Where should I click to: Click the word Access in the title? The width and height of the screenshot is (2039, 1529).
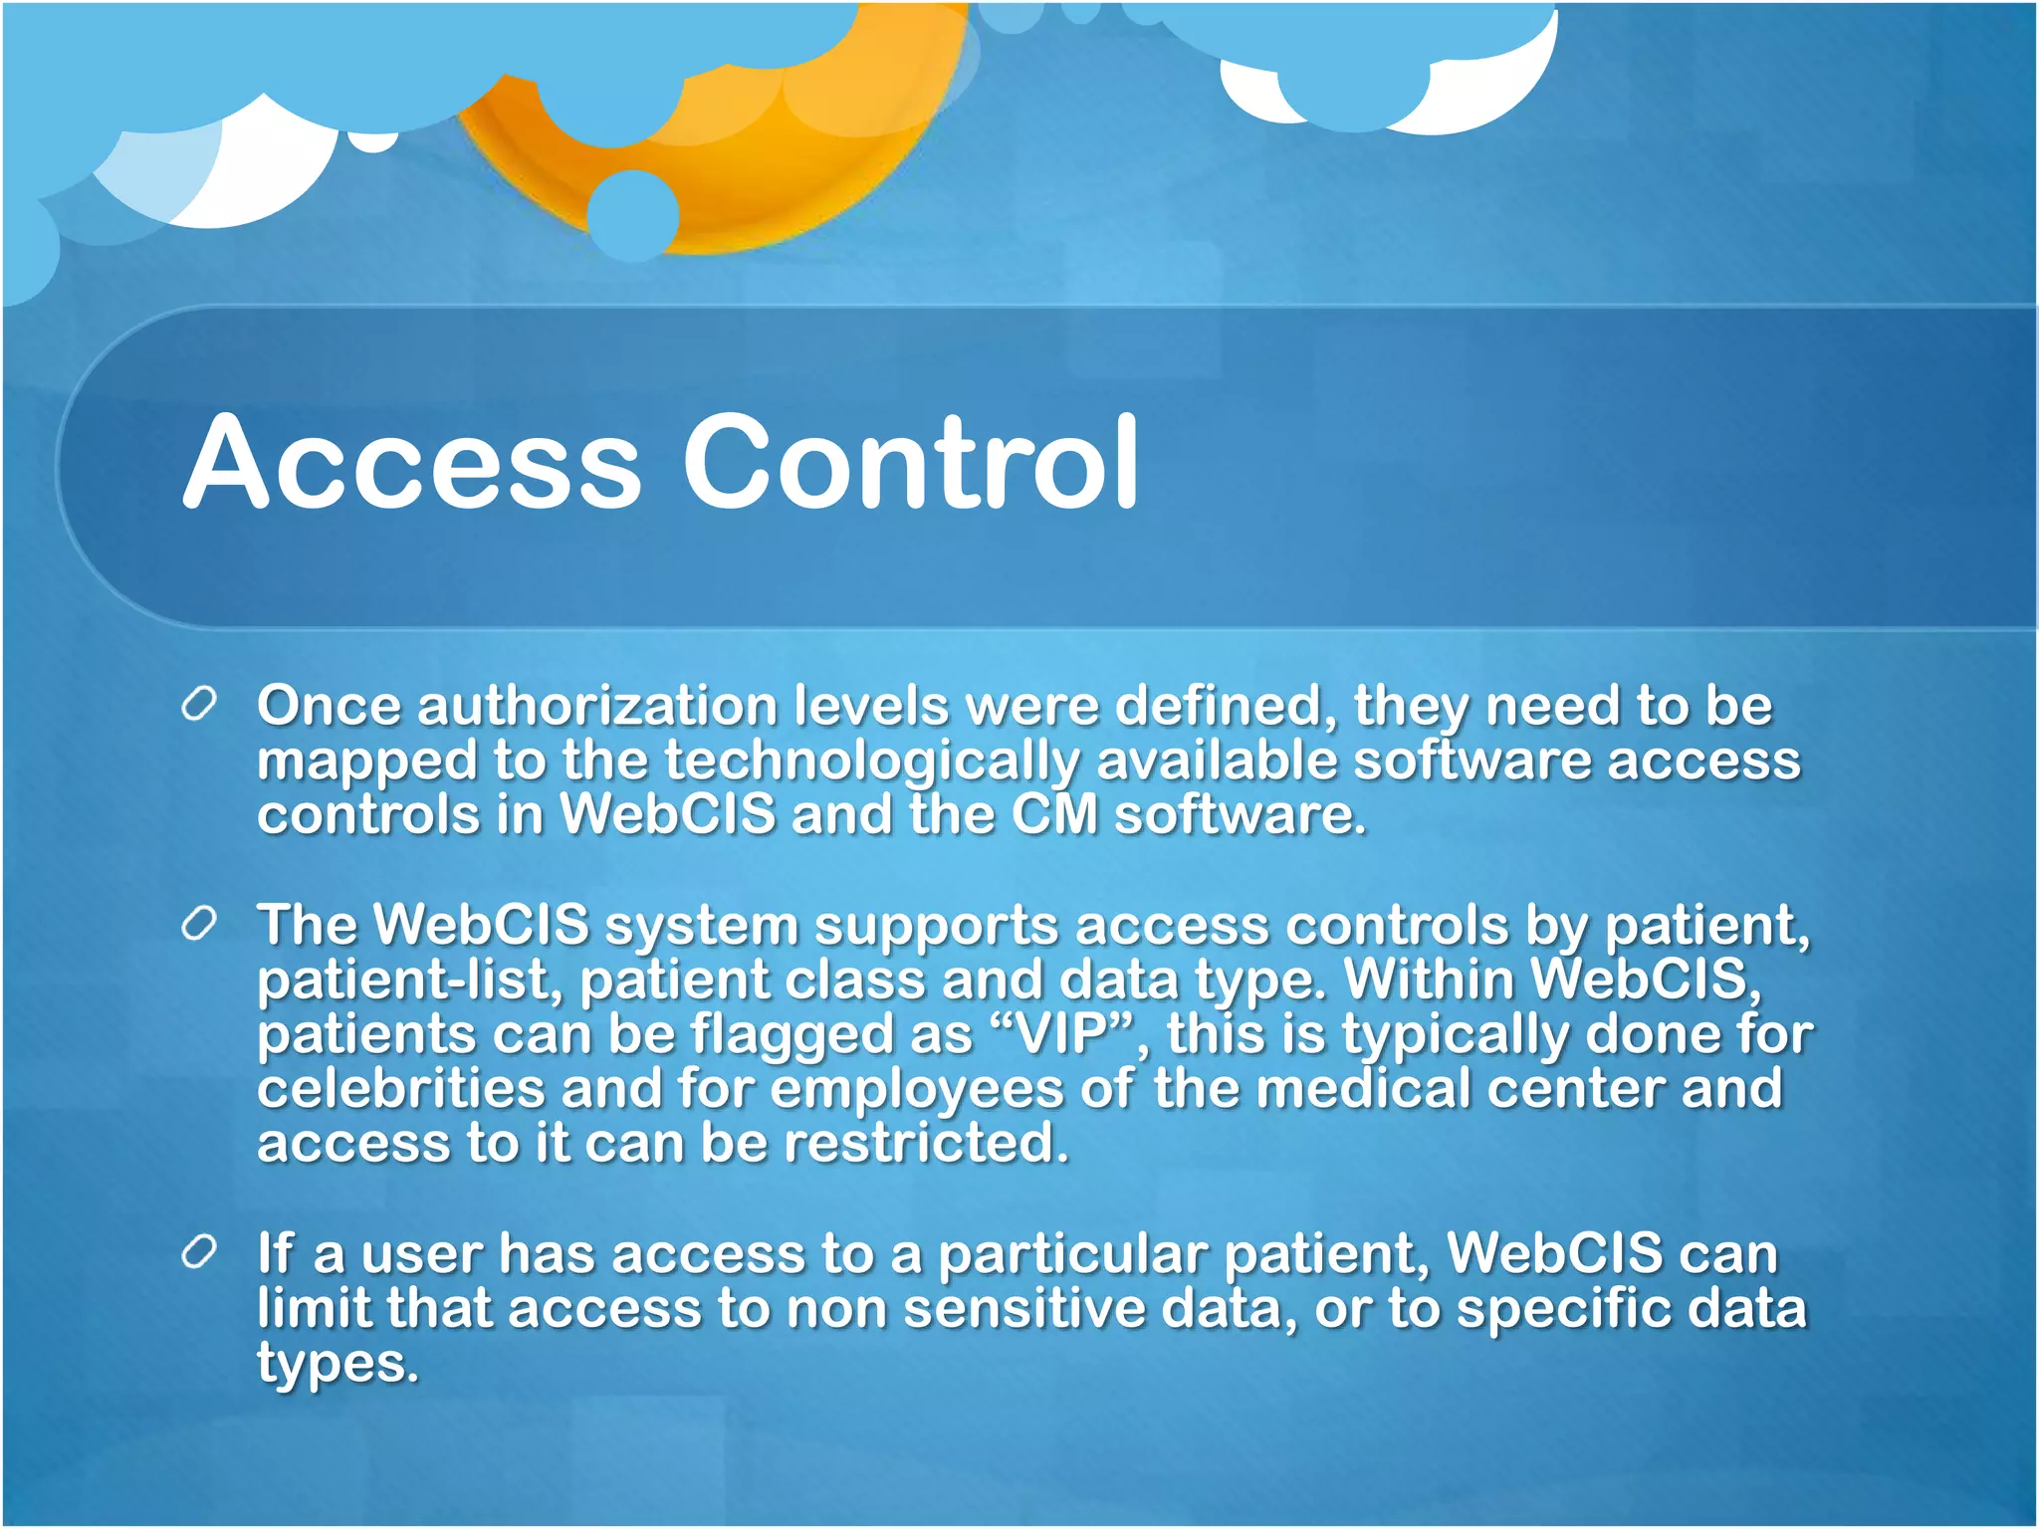pyautogui.click(x=412, y=463)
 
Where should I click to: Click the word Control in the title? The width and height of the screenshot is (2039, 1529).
pyautogui.click(x=910, y=463)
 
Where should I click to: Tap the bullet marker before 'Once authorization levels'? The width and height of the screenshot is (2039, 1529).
pyautogui.click(x=199, y=705)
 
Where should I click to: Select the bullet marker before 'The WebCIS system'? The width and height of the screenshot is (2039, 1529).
pyautogui.click(x=199, y=925)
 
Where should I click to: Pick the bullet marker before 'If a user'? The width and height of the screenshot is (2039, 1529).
pyautogui.click(x=199, y=1253)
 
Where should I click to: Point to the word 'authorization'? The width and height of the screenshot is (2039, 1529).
pyautogui.click(x=597, y=707)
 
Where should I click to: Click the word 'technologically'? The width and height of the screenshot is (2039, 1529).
pyautogui.click(x=872, y=763)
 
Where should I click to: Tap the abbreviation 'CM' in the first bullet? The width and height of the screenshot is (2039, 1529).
pyautogui.click(x=1053, y=815)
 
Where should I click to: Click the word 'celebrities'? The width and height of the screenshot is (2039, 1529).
pyautogui.click(x=401, y=1089)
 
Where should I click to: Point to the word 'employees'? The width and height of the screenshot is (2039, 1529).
pyautogui.click(x=916, y=1091)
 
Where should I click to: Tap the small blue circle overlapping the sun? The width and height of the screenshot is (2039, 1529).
pyautogui.click(x=633, y=215)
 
